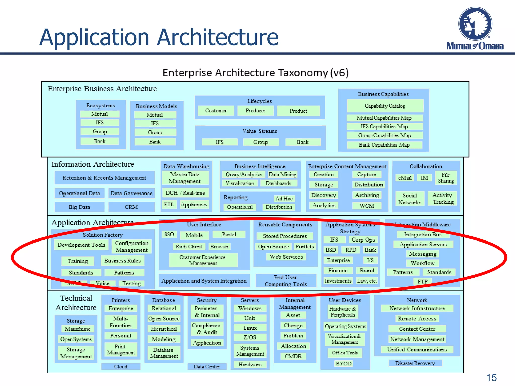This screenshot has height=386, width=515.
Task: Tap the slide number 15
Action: click(491, 378)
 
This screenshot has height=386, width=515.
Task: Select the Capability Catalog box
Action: click(385, 106)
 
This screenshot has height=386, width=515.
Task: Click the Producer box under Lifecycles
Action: click(255, 111)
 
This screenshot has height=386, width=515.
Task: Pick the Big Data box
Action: click(79, 207)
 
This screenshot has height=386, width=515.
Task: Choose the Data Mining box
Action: click(282, 174)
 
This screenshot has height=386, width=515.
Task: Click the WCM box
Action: click(367, 206)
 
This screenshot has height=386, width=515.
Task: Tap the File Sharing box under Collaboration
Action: click(446, 178)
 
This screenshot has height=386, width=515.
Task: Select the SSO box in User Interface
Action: click(169, 234)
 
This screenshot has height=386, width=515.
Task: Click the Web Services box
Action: click(286, 257)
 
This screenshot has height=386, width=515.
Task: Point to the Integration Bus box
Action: click(423, 234)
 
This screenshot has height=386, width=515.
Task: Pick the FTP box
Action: click(422, 281)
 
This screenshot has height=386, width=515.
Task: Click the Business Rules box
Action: click(122, 261)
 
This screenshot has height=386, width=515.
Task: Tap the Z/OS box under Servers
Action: click(250, 337)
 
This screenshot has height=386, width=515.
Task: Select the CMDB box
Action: click(293, 356)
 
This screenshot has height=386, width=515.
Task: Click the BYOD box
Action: click(344, 364)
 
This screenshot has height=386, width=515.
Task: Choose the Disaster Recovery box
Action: click(415, 363)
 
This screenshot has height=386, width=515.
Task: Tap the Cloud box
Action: click(121, 367)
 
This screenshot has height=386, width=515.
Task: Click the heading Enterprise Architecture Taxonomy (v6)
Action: click(255, 73)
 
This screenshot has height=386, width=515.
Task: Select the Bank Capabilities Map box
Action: click(384, 145)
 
